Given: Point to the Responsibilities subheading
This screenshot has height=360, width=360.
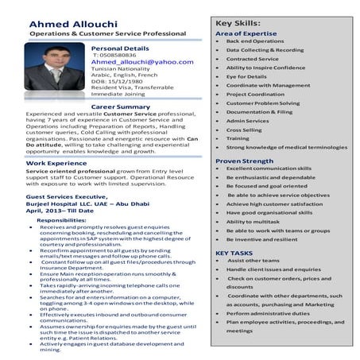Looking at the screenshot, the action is [x=67, y=219].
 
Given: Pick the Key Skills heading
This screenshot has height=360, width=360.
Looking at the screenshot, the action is [x=238, y=24].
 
